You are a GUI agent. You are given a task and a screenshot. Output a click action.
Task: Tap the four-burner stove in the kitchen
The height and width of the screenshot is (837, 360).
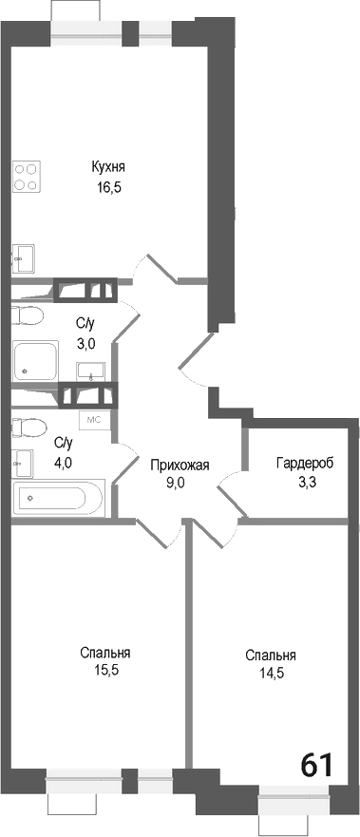click(26, 177)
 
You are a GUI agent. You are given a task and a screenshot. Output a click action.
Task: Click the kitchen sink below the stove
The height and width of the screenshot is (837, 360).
click(23, 257)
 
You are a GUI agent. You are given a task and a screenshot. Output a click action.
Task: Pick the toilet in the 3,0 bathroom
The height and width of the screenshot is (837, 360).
click(28, 315)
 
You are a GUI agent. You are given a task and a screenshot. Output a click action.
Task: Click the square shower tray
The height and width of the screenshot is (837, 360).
click(36, 362)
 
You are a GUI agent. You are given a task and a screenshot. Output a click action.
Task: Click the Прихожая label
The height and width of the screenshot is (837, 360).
click(180, 465)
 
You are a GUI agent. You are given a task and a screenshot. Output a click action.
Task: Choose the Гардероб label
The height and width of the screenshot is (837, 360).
click(305, 465)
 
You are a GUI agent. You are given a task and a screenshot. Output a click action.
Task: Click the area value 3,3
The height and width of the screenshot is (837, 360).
click(305, 482)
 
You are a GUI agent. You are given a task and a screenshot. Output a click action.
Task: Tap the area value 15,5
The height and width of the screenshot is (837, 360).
click(105, 670)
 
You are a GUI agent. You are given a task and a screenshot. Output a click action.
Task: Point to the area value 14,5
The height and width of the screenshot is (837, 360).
click(270, 673)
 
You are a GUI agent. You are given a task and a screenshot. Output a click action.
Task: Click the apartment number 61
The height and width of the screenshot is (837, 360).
click(317, 764)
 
